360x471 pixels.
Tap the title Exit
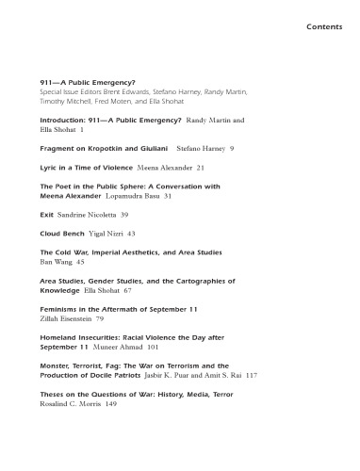point(47,215)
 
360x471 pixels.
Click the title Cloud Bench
point(64,232)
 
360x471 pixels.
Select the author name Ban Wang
point(58,263)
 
